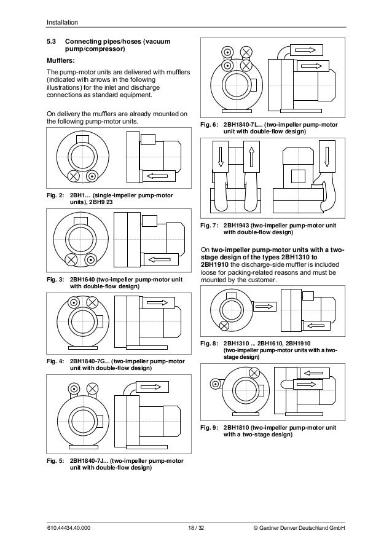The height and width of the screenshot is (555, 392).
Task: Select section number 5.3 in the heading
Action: tap(52, 42)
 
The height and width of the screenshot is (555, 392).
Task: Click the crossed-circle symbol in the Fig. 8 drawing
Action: tap(224, 325)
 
